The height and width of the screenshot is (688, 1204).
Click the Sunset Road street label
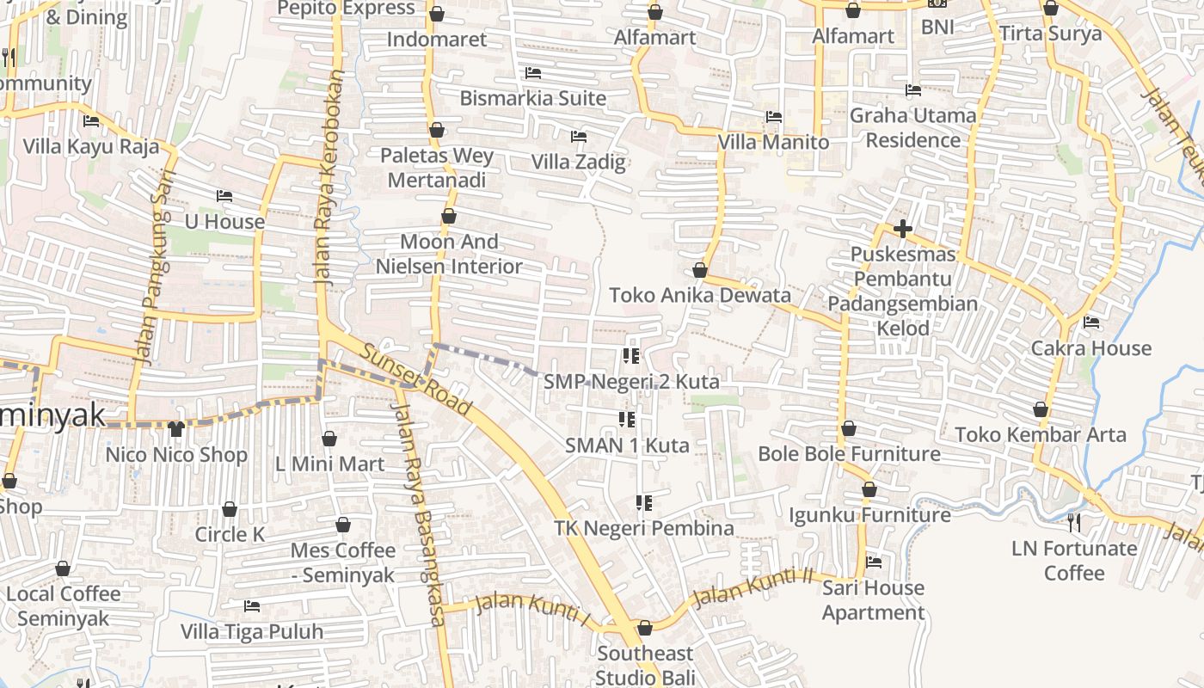click(x=416, y=380)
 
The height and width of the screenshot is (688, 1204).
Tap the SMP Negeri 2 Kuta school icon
click(x=630, y=355)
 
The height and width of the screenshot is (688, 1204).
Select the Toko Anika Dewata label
click(x=699, y=295)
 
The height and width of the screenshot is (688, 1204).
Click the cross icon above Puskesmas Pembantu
click(x=902, y=229)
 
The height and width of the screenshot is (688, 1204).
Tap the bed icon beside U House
click(x=224, y=196)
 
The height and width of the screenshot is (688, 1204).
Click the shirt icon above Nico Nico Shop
click(x=176, y=428)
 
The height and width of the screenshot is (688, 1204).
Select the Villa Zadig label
click(x=578, y=162)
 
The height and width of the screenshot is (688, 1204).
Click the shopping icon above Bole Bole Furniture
click(x=849, y=428)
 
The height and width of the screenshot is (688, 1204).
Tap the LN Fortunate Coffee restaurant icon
click(x=1073, y=522)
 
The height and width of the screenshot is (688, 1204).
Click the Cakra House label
click(x=1090, y=348)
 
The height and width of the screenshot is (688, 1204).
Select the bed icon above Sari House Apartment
click(x=874, y=562)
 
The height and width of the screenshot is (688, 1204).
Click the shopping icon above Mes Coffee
click(x=343, y=525)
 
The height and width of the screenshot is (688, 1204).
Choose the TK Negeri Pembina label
click(x=643, y=528)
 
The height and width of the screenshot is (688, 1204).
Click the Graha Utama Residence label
click(x=912, y=127)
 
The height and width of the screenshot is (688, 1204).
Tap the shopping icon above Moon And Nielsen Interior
click(x=448, y=217)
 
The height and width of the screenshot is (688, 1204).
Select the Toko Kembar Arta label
click(x=1041, y=434)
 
